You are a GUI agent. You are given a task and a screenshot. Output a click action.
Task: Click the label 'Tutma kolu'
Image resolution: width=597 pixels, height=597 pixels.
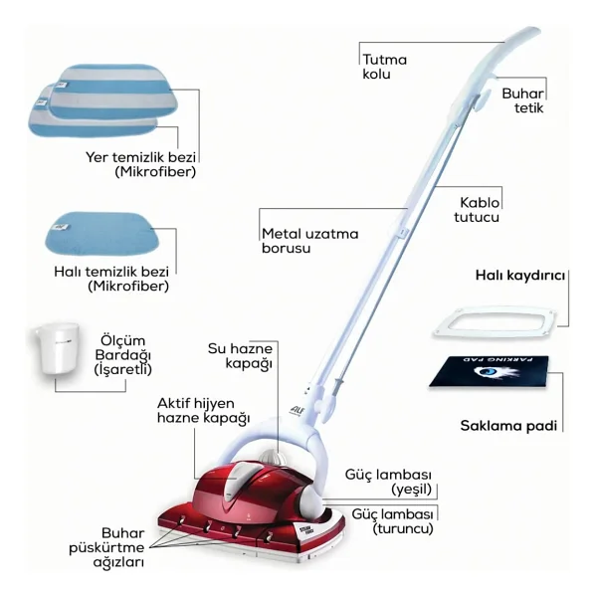384,67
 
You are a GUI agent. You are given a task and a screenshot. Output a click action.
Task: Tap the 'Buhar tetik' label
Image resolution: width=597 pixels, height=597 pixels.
522,100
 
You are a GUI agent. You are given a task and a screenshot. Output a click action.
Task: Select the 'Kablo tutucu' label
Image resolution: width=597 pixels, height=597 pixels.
477,210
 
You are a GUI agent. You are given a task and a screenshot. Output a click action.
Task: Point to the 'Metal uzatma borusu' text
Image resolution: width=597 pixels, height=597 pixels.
309,241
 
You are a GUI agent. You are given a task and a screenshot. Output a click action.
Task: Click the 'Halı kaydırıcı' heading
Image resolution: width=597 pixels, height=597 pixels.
520,275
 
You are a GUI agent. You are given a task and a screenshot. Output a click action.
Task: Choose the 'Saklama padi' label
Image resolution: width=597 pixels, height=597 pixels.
508,425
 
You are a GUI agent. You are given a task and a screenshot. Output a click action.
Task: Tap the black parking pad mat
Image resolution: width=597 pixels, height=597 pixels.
490,372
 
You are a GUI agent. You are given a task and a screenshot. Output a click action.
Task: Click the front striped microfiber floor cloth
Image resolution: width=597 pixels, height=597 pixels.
113,92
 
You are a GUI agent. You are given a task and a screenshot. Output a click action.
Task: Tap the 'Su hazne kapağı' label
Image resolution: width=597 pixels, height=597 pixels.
240,356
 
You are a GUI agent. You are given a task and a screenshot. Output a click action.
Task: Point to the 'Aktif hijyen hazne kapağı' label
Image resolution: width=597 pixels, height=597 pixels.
203,411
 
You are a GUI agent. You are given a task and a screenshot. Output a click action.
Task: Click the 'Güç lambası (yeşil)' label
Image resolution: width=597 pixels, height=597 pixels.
388,482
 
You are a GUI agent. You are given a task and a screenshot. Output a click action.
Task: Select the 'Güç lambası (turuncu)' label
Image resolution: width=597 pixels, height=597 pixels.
393,521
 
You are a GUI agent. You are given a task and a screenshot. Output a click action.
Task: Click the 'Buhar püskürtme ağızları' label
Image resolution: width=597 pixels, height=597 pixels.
107,547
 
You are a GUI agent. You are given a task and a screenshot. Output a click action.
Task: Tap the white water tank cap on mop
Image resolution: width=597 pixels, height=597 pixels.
272,456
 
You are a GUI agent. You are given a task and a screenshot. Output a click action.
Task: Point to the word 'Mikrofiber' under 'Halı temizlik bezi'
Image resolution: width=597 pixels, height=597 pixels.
128,286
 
